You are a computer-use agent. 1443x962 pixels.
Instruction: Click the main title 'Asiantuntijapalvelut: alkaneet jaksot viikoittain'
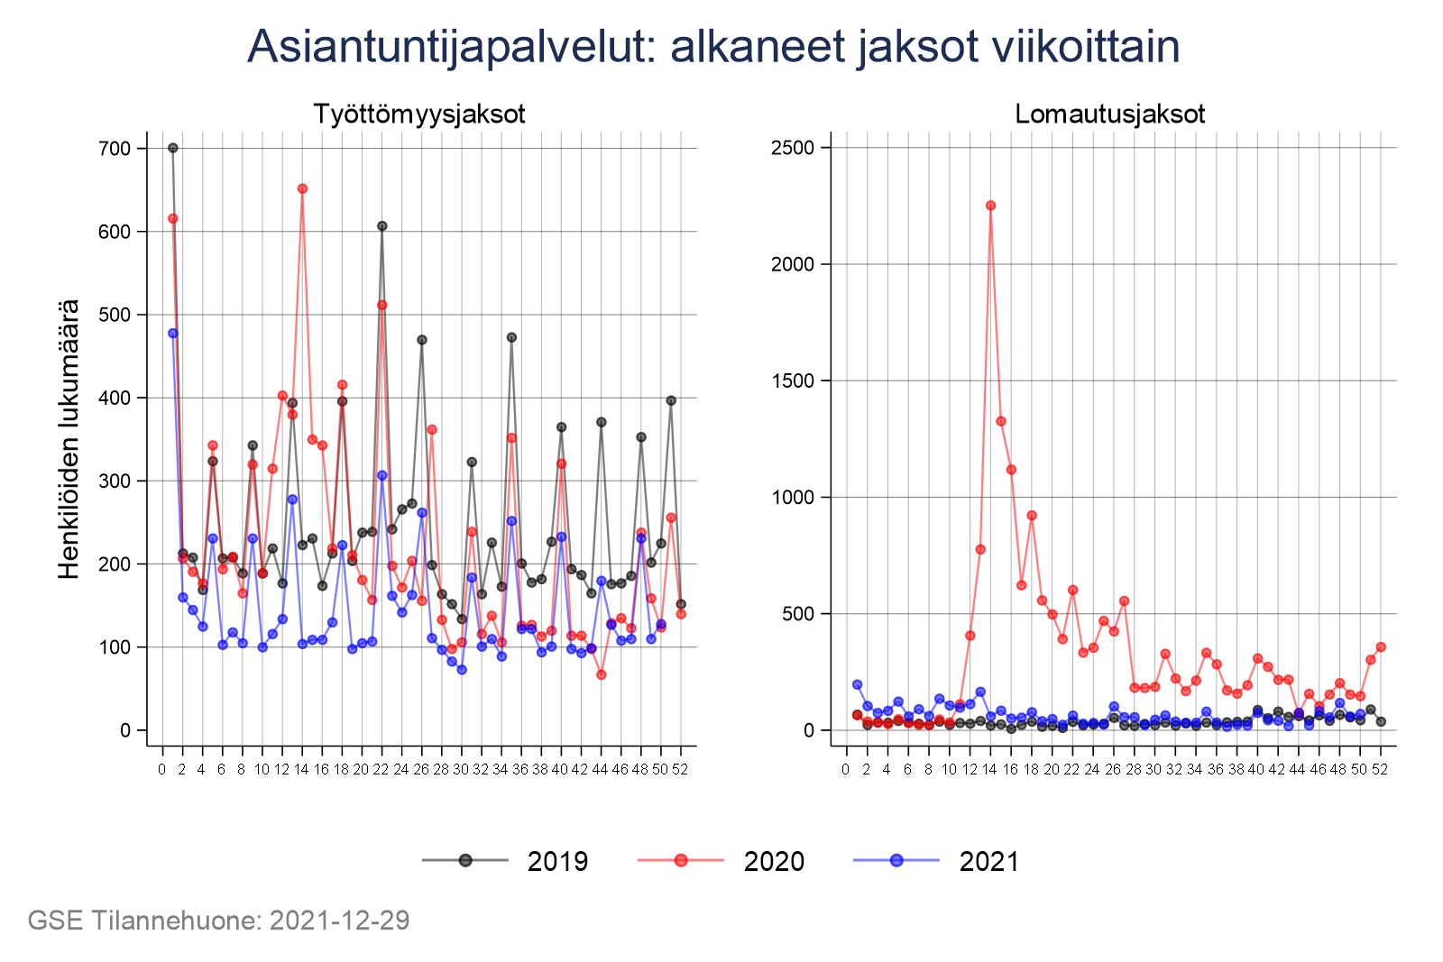click(x=713, y=47)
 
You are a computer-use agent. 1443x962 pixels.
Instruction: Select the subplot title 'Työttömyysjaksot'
click(x=419, y=115)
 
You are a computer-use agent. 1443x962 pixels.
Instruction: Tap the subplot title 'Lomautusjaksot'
click(x=1110, y=115)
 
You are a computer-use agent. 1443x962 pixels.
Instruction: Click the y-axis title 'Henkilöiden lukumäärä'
click(x=69, y=439)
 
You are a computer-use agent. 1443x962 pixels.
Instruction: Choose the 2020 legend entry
click(x=721, y=861)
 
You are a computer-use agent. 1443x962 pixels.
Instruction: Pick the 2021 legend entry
click(x=937, y=861)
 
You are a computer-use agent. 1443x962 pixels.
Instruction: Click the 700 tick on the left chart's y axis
click(x=115, y=149)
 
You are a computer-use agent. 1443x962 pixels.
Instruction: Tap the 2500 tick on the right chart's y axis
click(x=793, y=148)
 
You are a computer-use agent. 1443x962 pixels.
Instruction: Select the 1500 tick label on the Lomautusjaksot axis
click(x=793, y=380)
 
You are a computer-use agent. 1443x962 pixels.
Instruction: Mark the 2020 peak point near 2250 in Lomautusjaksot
click(x=990, y=206)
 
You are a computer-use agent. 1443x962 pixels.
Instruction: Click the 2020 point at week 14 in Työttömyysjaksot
click(x=302, y=188)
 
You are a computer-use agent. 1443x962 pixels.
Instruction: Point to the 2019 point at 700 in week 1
click(x=173, y=148)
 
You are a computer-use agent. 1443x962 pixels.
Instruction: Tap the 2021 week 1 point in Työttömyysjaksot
click(x=173, y=334)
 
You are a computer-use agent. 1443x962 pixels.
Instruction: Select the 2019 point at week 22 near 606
click(x=381, y=226)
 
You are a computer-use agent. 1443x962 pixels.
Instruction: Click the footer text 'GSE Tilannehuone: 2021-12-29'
click(x=218, y=921)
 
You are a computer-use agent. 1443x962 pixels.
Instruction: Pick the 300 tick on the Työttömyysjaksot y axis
click(x=115, y=481)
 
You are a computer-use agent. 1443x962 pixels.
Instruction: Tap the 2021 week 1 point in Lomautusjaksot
click(x=857, y=684)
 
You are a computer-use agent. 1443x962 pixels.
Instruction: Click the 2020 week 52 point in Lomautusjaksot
click(x=1381, y=647)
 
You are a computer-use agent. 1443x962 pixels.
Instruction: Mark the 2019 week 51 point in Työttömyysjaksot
click(x=671, y=400)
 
